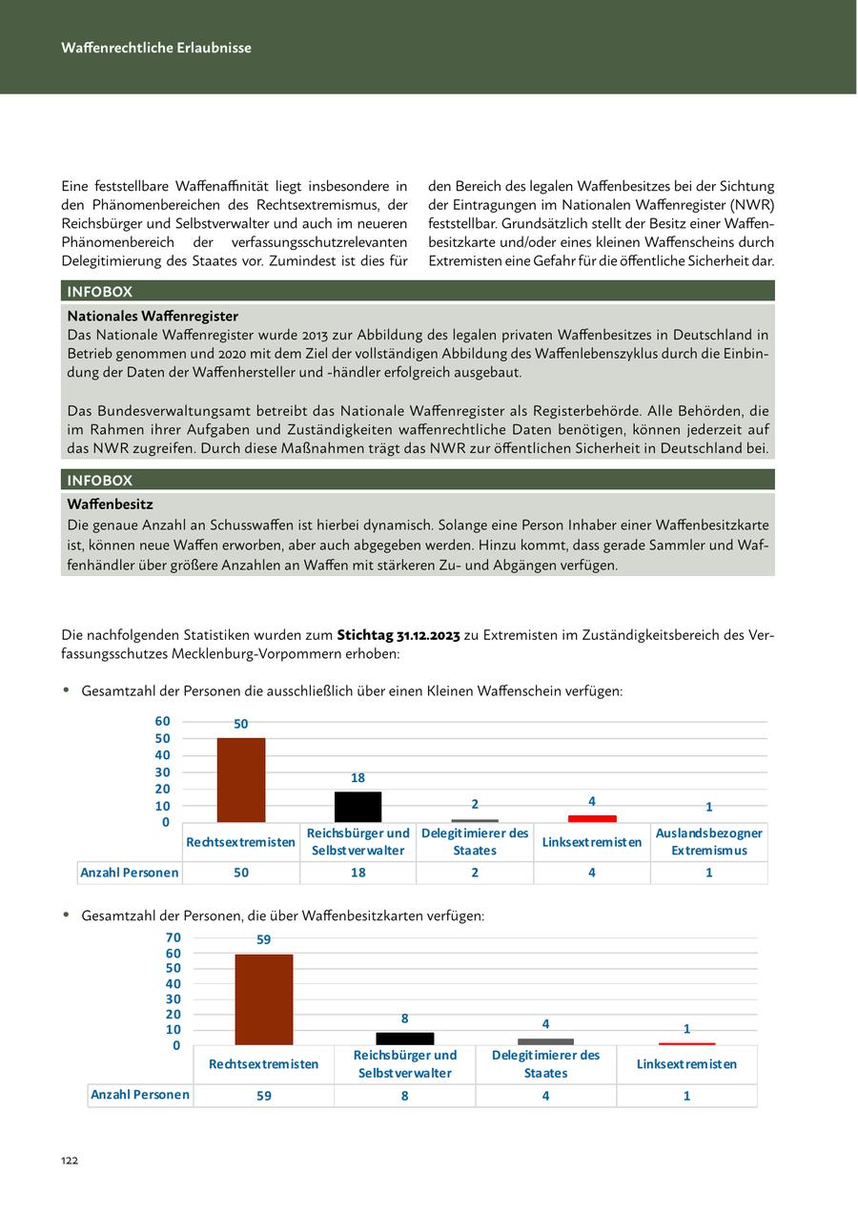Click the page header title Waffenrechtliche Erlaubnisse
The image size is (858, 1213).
156,48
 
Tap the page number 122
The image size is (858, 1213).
70,1161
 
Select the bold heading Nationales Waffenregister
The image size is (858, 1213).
153,316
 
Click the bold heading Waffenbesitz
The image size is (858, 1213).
110,504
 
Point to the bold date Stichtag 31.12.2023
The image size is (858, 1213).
398,635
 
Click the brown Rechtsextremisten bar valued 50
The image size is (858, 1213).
241,780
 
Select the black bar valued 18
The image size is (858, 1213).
357,807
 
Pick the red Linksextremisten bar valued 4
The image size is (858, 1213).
592,818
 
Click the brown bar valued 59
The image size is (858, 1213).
264,999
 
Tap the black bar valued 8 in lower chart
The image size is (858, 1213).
405,1038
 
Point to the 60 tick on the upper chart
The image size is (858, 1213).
162,722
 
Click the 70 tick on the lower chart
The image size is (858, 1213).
173,937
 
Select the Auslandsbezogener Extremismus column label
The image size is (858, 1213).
708,842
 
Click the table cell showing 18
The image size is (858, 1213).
357,873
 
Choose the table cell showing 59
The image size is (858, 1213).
264,1096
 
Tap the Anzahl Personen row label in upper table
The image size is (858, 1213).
130,873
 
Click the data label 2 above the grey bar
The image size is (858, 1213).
475,804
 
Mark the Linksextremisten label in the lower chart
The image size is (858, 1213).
686,1064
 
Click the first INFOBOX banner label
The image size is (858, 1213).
100,292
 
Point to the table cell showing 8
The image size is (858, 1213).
405,1096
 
